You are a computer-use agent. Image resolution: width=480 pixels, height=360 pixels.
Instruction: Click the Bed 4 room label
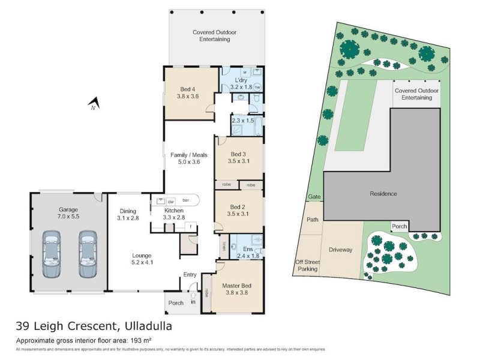click(187, 89)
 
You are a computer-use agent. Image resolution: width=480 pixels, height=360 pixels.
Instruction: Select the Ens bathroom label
click(247, 248)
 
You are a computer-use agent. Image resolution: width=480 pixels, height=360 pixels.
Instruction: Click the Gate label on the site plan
click(314, 197)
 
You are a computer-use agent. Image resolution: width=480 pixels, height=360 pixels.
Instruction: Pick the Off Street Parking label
click(307, 266)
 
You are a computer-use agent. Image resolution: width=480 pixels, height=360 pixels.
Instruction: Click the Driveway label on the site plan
click(340, 250)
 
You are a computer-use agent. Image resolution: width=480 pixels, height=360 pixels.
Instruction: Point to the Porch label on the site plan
click(400, 226)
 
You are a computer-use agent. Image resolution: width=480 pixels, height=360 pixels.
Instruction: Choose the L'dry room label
click(241, 80)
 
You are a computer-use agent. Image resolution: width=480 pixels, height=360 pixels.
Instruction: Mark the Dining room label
click(128, 211)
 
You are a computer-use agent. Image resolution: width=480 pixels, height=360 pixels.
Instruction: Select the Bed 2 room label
click(238, 206)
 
